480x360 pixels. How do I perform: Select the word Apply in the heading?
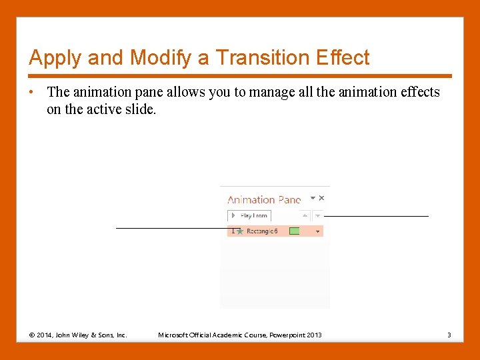[x=55, y=58]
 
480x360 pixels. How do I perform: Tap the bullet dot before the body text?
[x=32, y=93]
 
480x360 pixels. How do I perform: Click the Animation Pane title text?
[x=264, y=199]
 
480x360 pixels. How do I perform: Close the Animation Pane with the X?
[x=321, y=198]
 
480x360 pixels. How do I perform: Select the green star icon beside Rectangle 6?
[x=240, y=231]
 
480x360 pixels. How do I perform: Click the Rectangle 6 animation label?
[x=262, y=231]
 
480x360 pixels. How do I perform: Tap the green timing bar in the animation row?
[x=294, y=231]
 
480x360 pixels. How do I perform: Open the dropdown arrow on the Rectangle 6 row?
[x=317, y=231]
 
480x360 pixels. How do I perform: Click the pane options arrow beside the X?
[x=313, y=198]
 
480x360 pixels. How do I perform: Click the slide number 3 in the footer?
[x=449, y=335]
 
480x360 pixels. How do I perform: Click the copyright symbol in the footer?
[x=32, y=335]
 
